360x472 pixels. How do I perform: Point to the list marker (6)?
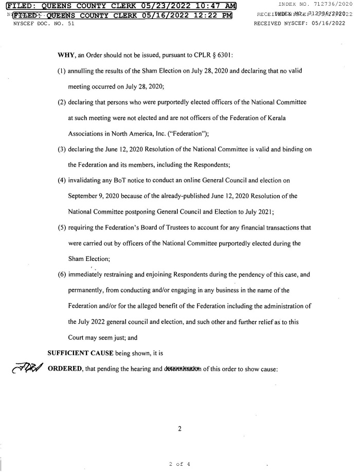(x=62, y=274)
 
